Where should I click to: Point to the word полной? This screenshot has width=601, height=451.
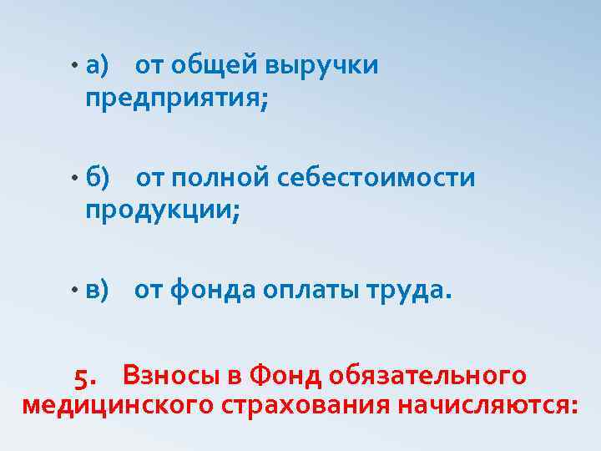tap(220, 177)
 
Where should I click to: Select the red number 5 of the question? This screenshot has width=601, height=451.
tap(85, 378)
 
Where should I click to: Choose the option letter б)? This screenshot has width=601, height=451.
tap(97, 177)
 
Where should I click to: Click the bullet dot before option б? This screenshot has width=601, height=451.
tap(74, 179)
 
